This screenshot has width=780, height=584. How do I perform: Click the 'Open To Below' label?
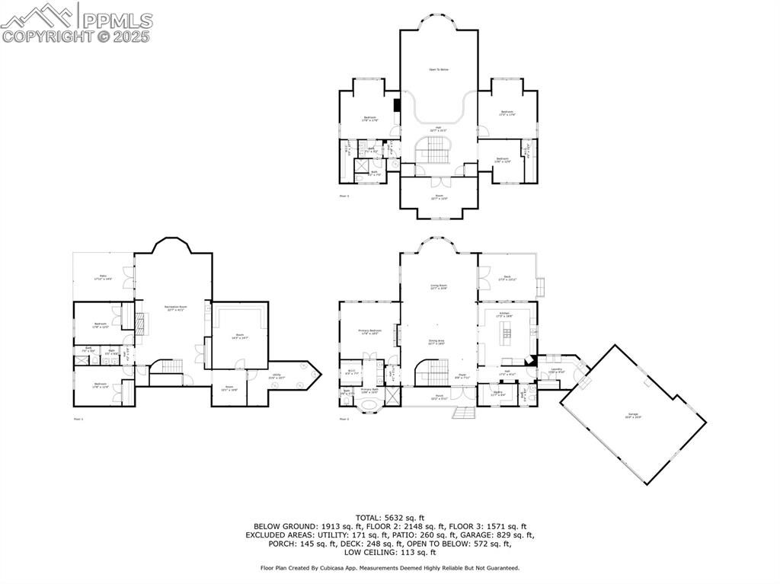438,69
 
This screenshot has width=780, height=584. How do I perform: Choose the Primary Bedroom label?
369,331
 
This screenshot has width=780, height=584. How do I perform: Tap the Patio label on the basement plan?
103,277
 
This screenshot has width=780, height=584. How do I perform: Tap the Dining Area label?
436,342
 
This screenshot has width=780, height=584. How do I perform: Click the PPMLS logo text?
116,20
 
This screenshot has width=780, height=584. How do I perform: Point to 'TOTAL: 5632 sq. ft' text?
389,517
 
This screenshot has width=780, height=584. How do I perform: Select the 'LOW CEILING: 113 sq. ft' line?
389,552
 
